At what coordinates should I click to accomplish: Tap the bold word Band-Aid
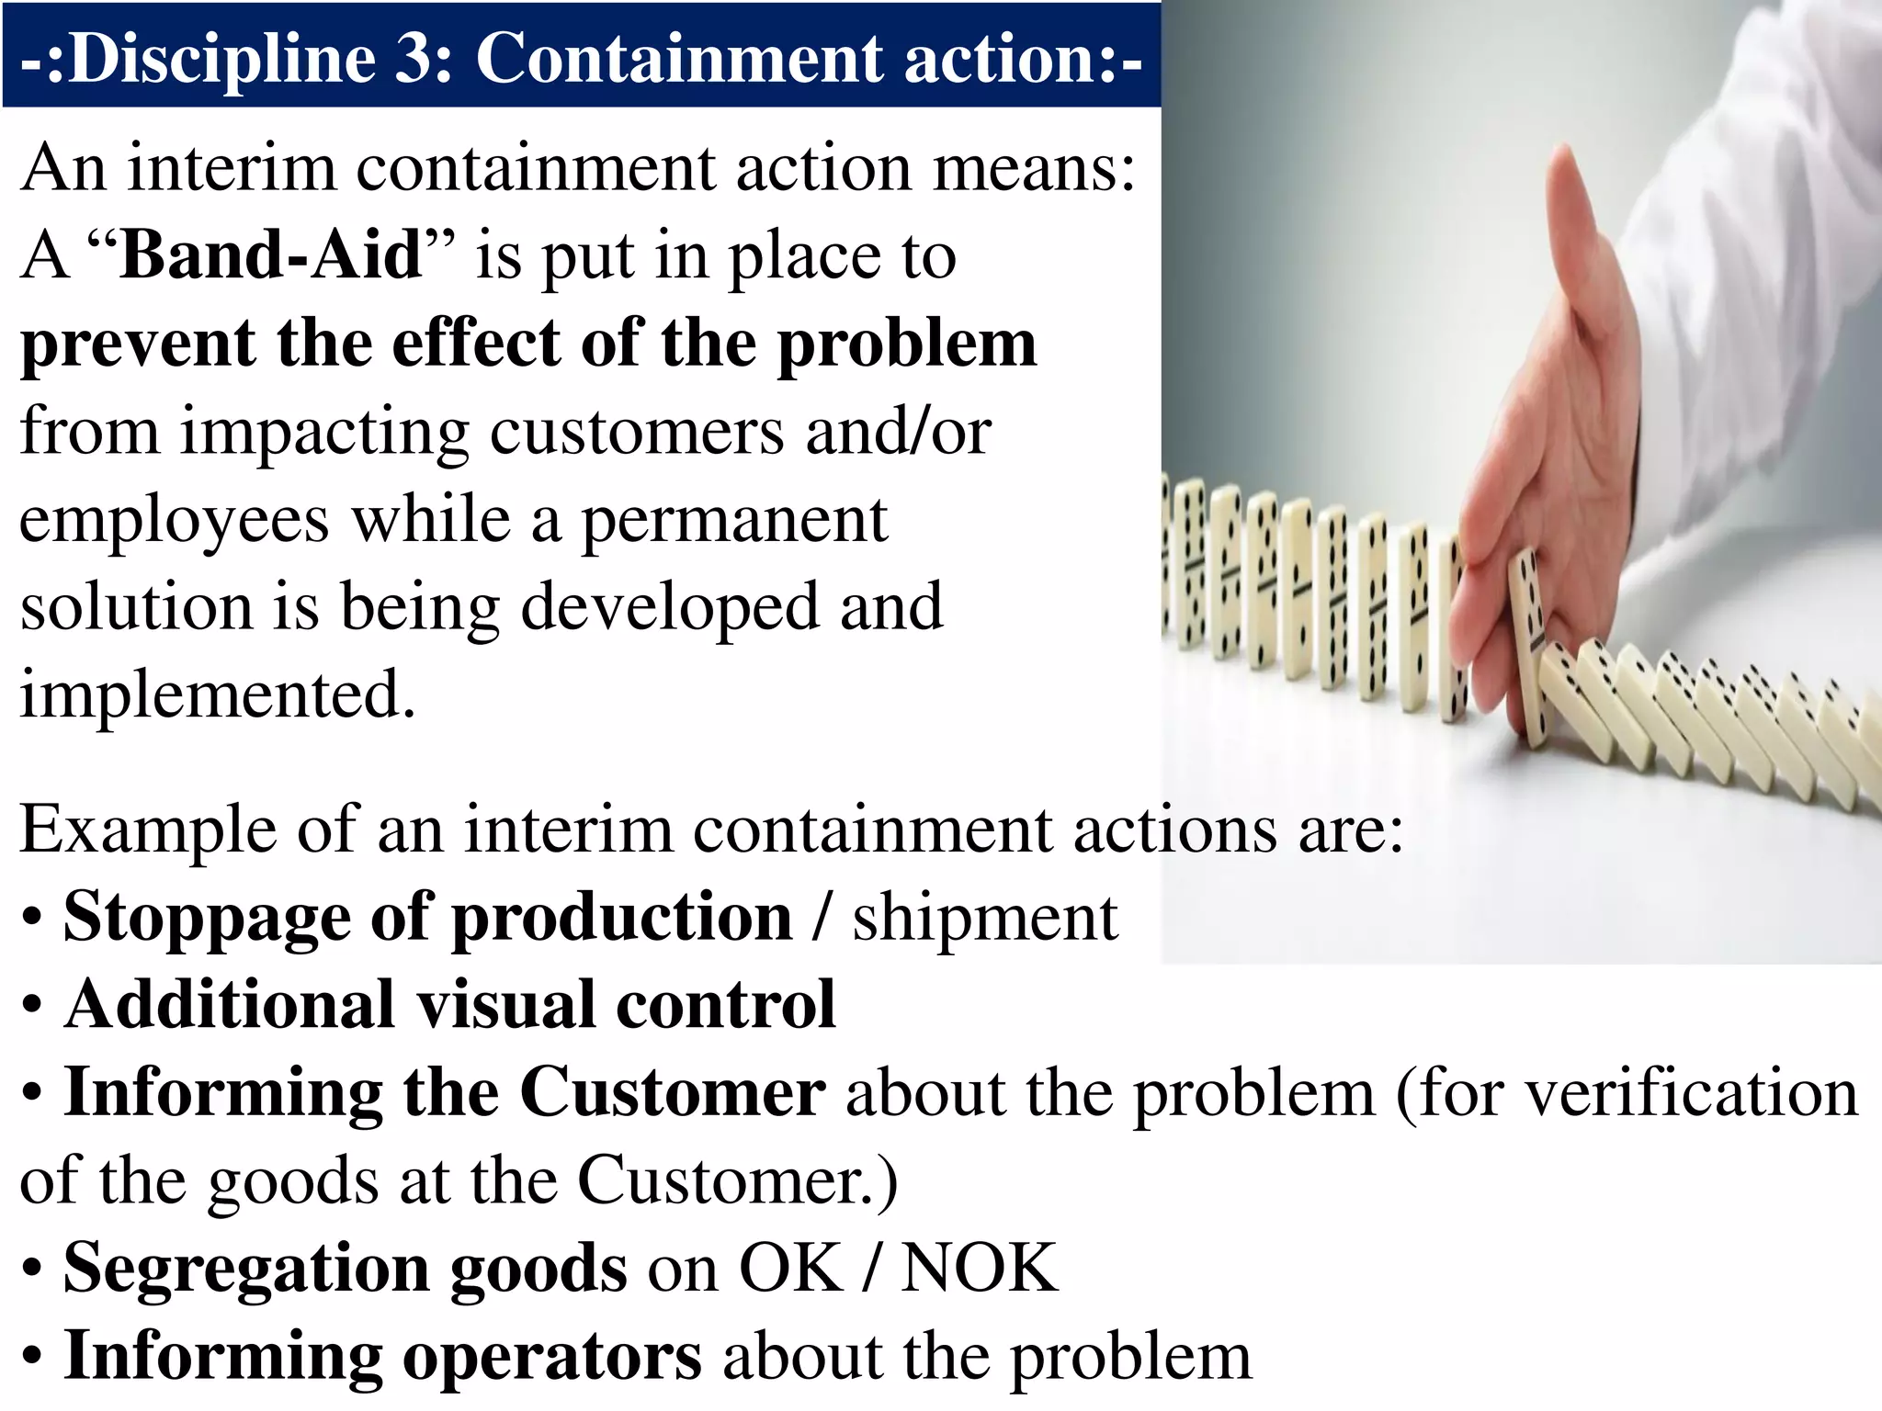(271, 255)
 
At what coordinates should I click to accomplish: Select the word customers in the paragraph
(637, 432)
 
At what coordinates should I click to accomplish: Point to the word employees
(174, 521)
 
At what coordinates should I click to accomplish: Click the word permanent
(735, 521)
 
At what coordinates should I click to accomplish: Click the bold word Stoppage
(207, 918)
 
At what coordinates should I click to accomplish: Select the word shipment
(985, 918)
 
